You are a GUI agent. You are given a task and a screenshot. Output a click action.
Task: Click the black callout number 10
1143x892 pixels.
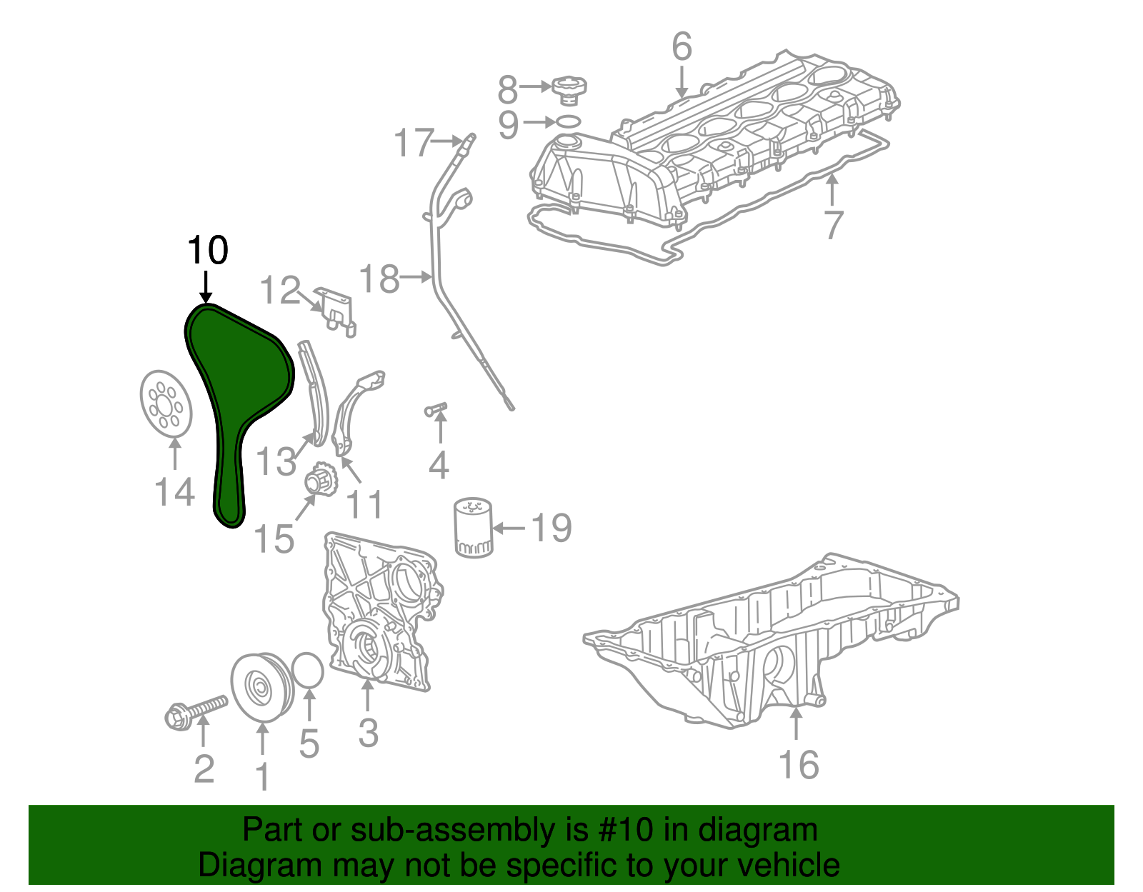(207, 251)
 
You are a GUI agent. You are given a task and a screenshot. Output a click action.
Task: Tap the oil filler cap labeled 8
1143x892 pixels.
(569, 89)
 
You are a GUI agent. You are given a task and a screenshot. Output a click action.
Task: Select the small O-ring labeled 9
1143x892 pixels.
(568, 121)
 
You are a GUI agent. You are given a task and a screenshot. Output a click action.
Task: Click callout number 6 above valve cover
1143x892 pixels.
(682, 47)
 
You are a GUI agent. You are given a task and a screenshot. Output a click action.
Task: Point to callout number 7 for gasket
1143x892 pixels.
(833, 224)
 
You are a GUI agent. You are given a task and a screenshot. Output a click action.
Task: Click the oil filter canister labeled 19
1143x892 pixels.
(472, 528)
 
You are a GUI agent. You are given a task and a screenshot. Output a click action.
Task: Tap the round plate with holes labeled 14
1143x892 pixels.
(165, 402)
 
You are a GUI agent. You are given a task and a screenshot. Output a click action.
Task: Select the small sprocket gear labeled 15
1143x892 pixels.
(320, 479)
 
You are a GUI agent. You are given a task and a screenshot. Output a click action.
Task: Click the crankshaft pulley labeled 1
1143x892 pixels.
(260, 686)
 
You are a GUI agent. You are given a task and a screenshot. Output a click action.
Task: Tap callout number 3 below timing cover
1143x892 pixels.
(368, 732)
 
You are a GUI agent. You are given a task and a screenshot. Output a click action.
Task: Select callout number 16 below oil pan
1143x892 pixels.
(798, 765)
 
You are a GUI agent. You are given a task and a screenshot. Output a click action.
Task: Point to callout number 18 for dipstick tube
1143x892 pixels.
(379, 279)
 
